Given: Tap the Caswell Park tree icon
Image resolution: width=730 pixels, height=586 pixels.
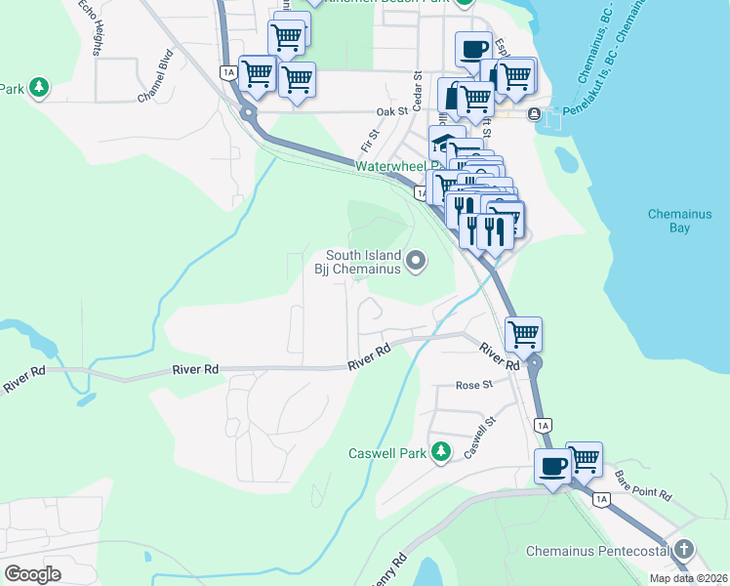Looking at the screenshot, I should [x=441, y=451].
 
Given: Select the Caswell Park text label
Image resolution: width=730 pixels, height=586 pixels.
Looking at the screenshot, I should [x=388, y=453].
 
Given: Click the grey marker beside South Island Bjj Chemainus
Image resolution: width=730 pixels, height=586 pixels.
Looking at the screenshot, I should [x=417, y=260].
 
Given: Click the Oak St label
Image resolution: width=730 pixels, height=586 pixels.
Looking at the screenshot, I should [x=391, y=112].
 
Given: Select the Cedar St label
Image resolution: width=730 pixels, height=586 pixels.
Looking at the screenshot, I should [x=417, y=88].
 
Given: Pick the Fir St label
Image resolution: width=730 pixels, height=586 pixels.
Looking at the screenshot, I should [x=369, y=139].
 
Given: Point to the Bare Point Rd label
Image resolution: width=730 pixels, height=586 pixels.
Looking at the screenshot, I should [x=644, y=485].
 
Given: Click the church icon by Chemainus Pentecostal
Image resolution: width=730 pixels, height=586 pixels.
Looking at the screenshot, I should [x=685, y=549].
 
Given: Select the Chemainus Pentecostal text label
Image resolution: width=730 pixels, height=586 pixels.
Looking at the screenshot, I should [x=597, y=552].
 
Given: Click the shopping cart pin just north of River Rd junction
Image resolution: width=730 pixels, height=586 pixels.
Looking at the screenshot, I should [x=524, y=333].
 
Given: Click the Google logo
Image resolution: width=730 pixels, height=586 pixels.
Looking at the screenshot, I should [x=32, y=574].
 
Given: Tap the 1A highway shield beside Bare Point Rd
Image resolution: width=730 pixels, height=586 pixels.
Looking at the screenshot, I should [x=602, y=499].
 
